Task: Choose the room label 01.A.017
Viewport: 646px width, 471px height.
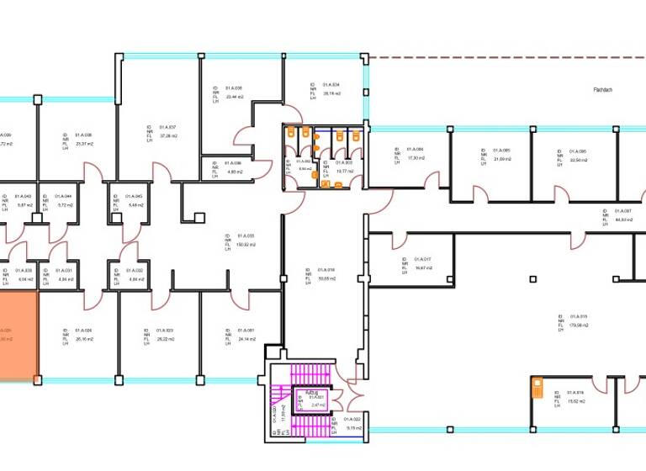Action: coord(421,259)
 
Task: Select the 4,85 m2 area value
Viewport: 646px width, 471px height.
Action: coord(233,172)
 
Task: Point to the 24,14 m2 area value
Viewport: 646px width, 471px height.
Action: coord(245,339)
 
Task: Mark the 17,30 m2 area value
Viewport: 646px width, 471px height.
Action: coord(414,157)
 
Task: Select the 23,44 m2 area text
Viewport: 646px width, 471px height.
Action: coord(234,96)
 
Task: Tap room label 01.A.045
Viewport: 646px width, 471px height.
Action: coord(134,197)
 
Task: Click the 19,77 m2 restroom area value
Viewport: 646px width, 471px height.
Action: coord(343,171)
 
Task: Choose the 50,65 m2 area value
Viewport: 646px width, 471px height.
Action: coord(326,278)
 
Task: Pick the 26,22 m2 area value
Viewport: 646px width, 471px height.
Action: coord(164,339)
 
